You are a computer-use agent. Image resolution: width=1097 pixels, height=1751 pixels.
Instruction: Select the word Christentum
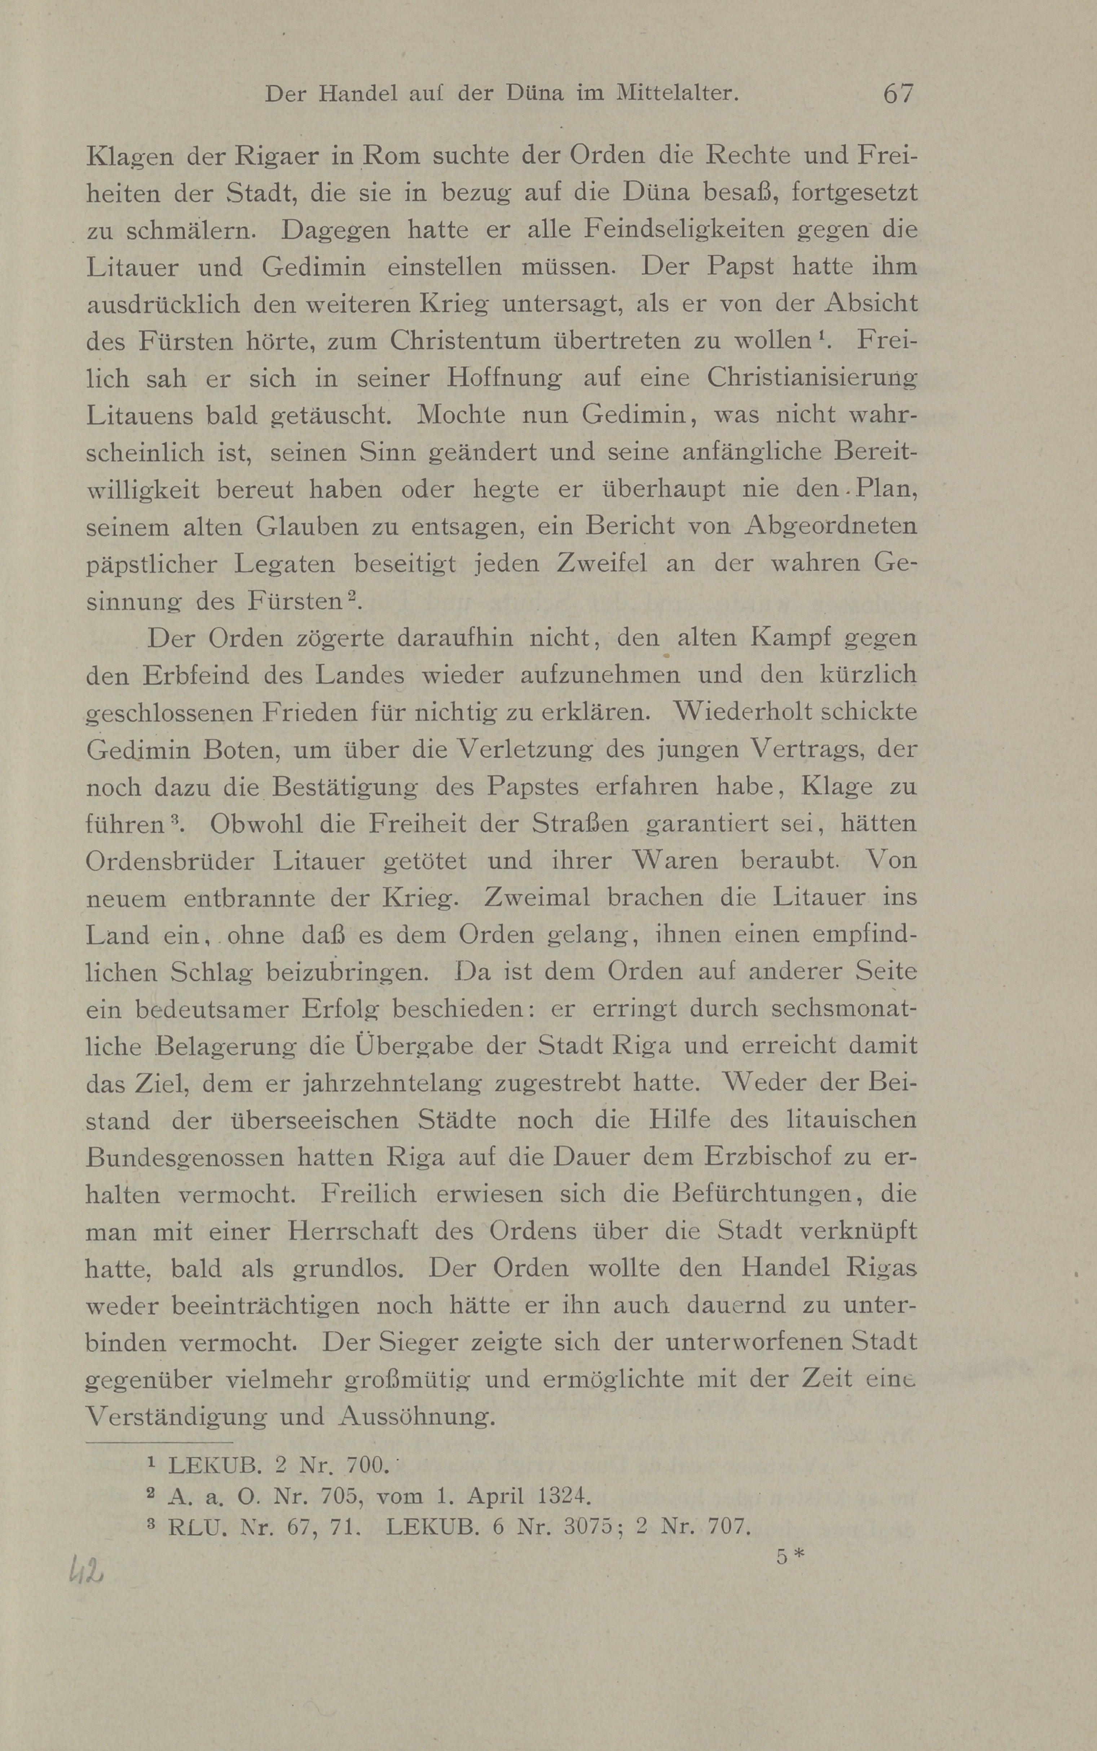463,340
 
